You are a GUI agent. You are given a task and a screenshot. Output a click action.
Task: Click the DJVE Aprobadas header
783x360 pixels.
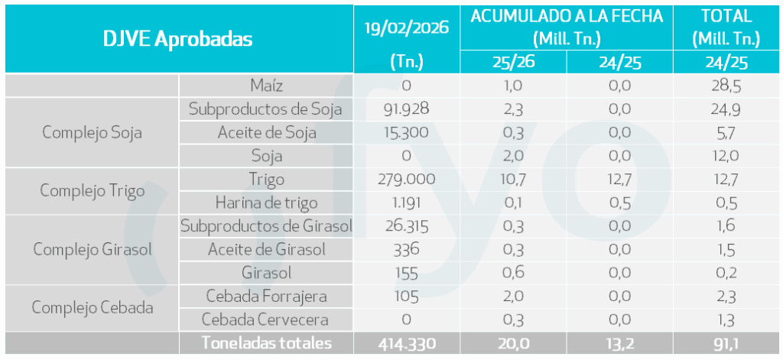click(x=178, y=39)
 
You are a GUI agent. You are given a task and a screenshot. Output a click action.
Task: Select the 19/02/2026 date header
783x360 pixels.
click(x=406, y=28)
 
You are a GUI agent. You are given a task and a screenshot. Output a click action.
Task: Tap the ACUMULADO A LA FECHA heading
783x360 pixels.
click(x=567, y=16)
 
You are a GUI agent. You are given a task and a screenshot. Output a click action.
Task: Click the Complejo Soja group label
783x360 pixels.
click(x=92, y=132)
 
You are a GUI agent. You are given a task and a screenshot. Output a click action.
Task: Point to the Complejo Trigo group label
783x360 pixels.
click(x=92, y=191)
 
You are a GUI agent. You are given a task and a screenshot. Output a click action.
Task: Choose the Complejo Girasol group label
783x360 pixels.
click(x=92, y=250)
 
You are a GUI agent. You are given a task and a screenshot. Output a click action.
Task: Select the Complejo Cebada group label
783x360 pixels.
click(x=92, y=308)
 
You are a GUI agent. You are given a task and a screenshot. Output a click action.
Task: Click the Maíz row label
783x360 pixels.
click(x=266, y=86)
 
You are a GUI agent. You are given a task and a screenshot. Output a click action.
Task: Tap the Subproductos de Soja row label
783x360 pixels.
click(x=266, y=109)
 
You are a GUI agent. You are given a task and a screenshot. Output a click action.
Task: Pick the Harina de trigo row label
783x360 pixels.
click(x=266, y=203)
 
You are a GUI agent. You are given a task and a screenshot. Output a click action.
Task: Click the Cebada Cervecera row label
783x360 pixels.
click(x=266, y=320)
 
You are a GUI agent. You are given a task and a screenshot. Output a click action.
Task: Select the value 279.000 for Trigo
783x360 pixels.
click(x=406, y=180)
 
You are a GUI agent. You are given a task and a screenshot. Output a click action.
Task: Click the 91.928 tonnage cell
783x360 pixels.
click(x=406, y=109)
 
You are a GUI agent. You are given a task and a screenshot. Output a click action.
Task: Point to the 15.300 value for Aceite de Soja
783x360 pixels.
click(x=406, y=133)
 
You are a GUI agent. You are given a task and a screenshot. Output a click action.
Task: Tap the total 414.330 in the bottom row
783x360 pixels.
click(x=406, y=344)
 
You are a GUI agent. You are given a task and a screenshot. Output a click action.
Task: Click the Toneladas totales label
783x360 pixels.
click(x=266, y=344)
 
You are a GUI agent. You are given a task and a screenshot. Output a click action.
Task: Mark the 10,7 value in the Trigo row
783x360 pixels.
click(x=513, y=180)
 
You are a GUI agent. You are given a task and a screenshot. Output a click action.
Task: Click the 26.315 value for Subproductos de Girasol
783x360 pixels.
click(x=406, y=226)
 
